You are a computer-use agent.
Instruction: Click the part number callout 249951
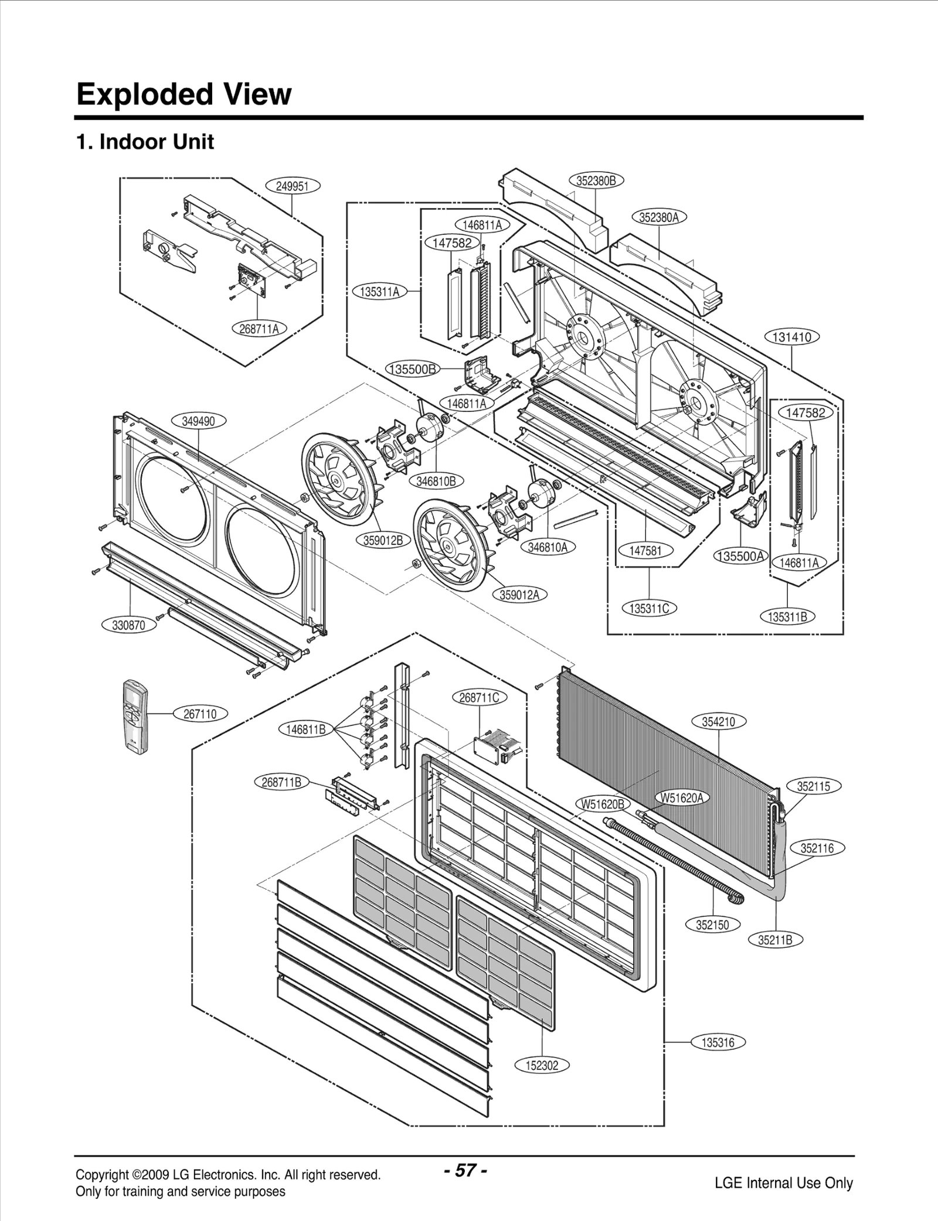point(292,186)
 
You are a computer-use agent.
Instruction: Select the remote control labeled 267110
point(135,716)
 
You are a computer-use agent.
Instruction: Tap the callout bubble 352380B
point(596,180)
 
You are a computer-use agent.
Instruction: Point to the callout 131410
point(791,337)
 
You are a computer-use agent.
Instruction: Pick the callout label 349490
point(198,421)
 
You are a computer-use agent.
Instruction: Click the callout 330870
point(128,625)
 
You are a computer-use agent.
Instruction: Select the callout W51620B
point(603,804)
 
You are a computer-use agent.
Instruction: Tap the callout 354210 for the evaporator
point(718,722)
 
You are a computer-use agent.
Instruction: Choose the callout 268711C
point(479,697)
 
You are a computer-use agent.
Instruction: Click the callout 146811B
point(305,729)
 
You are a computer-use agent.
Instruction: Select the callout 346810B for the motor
point(436,481)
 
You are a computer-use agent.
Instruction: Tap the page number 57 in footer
point(465,1171)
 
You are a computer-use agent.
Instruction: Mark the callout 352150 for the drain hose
point(712,925)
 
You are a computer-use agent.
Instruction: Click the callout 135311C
point(649,608)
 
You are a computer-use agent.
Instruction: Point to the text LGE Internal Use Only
point(783,1182)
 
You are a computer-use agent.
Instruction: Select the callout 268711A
point(259,329)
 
